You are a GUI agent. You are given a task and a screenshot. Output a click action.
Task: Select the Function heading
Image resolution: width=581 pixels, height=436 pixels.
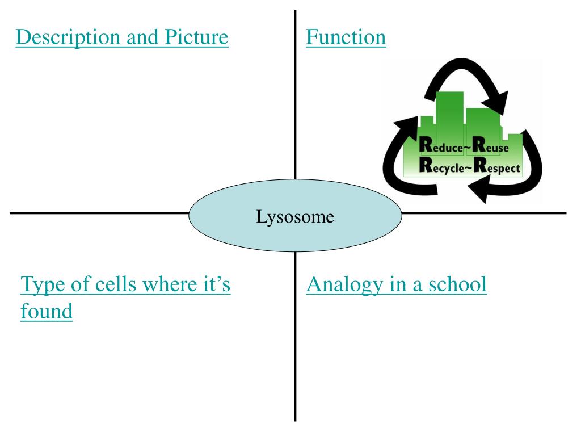click(x=346, y=37)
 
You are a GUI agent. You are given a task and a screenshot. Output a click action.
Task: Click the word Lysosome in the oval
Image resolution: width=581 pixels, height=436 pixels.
click(x=294, y=216)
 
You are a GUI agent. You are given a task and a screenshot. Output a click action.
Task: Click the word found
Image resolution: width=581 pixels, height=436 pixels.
click(x=47, y=311)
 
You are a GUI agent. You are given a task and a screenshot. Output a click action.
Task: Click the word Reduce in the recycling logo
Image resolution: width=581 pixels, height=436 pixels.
click(x=439, y=148)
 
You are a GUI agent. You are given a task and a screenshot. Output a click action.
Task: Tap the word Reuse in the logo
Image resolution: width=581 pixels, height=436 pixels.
click(x=491, y=148)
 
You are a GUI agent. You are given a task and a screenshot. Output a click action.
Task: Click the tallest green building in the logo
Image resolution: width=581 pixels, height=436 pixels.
click(x=450, y=114)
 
